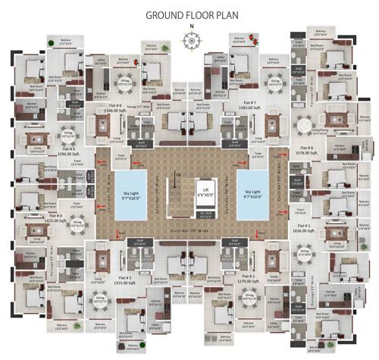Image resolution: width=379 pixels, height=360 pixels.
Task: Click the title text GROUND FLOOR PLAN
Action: (189, 14)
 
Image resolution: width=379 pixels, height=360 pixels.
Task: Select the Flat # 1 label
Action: (303, 226)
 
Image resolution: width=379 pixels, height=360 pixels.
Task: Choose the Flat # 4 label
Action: (54, 216)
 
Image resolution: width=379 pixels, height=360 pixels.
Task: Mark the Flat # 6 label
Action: (114, 104)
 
